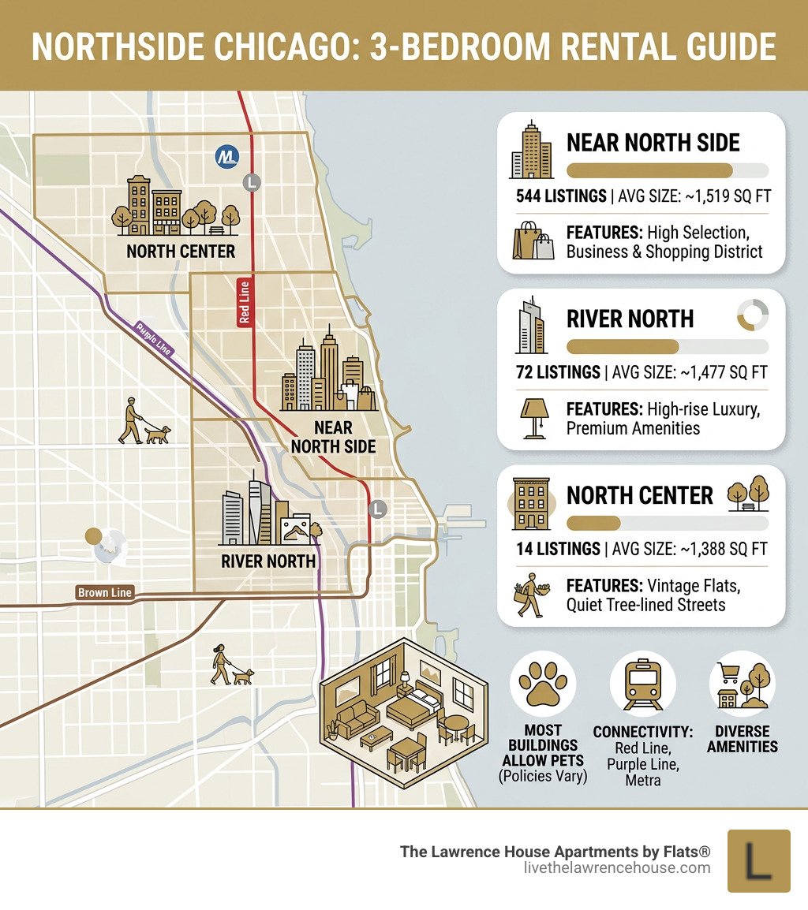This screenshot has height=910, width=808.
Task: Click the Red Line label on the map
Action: (x=245, y=302)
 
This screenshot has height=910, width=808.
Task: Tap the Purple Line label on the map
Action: (x=154, y=340)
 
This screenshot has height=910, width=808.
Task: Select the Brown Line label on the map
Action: (x=105, y=592)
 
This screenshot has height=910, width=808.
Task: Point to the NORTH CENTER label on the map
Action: (x=181, y=252)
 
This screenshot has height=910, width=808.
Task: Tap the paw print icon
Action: (x=542, y=683)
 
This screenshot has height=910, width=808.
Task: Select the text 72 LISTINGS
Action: (x=557, y=372)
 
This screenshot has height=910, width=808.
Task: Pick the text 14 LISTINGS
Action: (x=557, y=549)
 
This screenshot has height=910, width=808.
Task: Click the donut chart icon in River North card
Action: (x=752, y=316)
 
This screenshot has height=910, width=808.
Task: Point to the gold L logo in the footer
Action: (x=758, y=860)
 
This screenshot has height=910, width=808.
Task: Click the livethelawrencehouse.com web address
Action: (x=616, y=867)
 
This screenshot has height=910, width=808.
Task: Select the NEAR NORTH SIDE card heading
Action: (x=653, y=143)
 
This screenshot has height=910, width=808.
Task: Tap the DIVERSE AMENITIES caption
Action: (x=742, y=738)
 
